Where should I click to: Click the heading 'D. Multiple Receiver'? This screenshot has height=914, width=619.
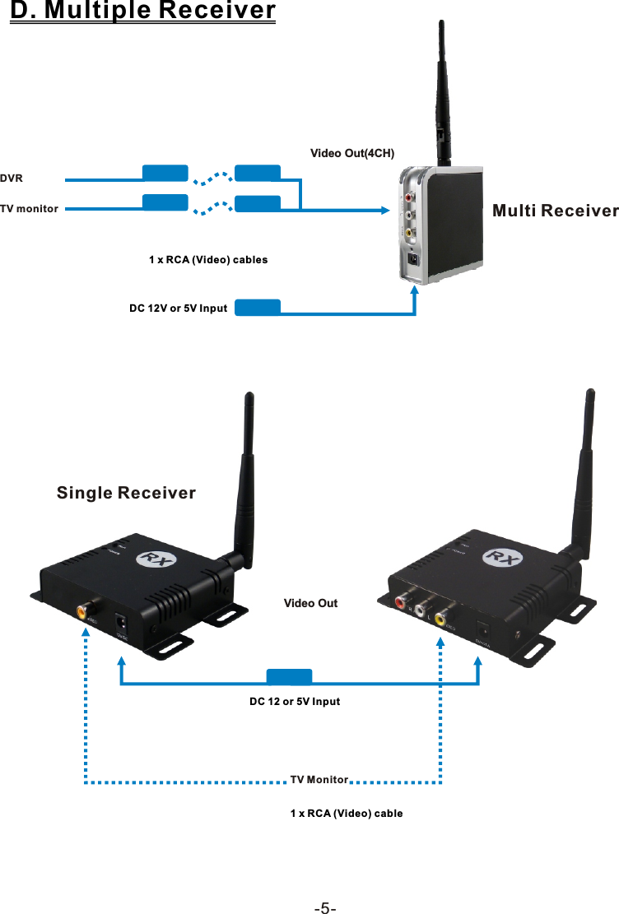click(142, 12)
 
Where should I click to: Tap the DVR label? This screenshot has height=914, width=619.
click(12, 178)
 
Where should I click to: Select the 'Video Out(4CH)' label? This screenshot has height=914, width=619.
click(352, 154)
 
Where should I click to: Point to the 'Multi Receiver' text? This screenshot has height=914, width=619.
click(555, 211)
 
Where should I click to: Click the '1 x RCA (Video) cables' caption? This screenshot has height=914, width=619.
click(208, 260)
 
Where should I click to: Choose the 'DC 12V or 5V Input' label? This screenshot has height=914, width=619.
click(178, 309)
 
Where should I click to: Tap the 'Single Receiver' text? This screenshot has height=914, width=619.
click(126, 494)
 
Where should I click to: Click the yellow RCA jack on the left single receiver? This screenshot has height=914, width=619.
click(84, 611)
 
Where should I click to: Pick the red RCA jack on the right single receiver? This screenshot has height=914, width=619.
click(401, 603)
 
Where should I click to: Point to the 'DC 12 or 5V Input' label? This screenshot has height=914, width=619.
click(295, 702)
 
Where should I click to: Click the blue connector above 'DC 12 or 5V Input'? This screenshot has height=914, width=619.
click(290, 677)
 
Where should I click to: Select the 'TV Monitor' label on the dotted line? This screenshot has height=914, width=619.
click(320, 779)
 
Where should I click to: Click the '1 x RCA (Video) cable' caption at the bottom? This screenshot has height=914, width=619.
click(347, 814)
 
